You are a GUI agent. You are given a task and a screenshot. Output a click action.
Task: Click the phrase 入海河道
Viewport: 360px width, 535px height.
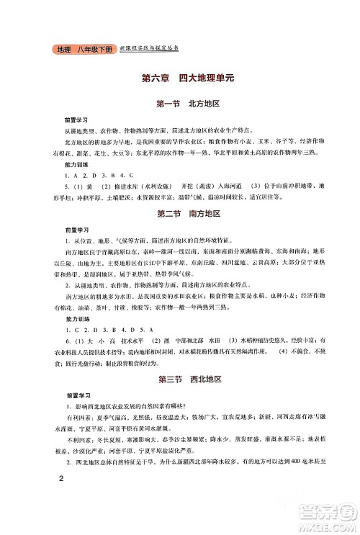pyautogui.click(x=213, y=186)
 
